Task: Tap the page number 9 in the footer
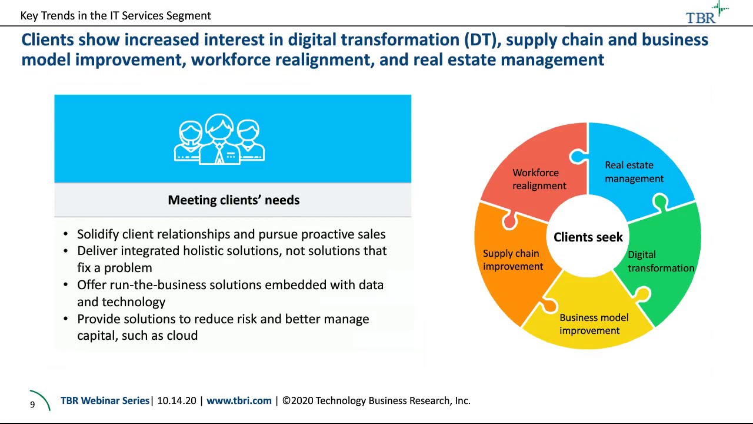pyautogui.click(x=32, y=405)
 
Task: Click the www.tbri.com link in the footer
pyautogui.click(x=239, y=400)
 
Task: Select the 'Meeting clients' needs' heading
pyautogui.click(x=234, y=200)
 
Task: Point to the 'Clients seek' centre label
pyautogui.click(x=588, y=237)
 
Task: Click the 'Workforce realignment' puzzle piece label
pyautogui.click(x=539, y=179)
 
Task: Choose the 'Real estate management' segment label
pyautogui.click(x=634, y=172)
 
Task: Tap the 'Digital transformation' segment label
pyautogui.click(x=660, y=261)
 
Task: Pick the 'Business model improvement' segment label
pyautogui.click(x=593, y=324)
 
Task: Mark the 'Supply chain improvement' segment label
pyautogui.click(x=512, y=260)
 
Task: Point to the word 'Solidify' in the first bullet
pyautogui.click(x=98, y=234)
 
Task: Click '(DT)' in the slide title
pyautogui.click(x=482, y=39)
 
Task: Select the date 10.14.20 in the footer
pyautogui.click(x=176, y=400)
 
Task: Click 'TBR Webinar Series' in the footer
pyautogui.click(x=105, y=400)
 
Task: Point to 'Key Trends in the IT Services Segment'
pyautogui.click(x=115, y=16)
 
